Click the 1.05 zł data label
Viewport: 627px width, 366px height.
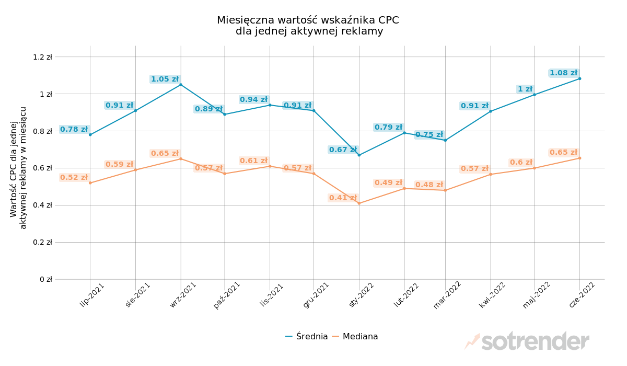(x=165, y=79)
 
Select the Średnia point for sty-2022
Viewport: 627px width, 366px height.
(x=359, y=155)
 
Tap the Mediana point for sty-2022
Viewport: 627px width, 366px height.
(x=359, y=203)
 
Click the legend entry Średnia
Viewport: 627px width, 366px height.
(x=307, y=337)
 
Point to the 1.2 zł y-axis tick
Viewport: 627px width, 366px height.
(x=43, y=57)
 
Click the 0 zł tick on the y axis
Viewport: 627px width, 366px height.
(x=46, y=279)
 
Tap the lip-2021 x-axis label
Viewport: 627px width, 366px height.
(x=92, y=294)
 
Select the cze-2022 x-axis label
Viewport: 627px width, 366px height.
(x=582, y=295)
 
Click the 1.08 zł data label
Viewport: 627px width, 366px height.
(x=563, y=73)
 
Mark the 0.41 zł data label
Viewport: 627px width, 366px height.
(x=343, y=198)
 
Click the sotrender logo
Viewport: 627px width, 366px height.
(x=528, y=341)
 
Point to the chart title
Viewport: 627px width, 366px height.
(x=308, y=26)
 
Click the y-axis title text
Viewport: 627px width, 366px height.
(x=18, y=168)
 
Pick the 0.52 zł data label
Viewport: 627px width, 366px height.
(x=74, y=178)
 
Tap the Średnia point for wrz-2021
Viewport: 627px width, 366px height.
(x=181, y=85)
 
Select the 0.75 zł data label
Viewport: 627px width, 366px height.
(x=429, y=135)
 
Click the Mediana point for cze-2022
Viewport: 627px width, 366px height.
(x=579, y=158)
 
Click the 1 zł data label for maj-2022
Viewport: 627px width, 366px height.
(x=525, y=89)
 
